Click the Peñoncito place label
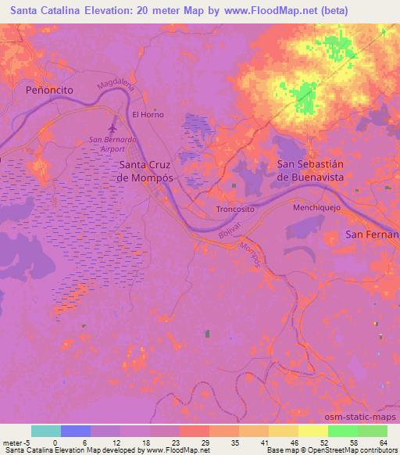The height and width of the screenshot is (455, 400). (48, 90)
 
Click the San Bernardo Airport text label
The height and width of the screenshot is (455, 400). (112, 145)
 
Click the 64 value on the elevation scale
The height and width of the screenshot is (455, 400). (384, 442)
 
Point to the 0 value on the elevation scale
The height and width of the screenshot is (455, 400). (55, 442)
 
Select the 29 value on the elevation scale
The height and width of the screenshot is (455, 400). (204, 442)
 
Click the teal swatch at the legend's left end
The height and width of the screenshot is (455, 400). (45, 431)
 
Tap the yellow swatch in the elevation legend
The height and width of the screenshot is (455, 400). (312, 431)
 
